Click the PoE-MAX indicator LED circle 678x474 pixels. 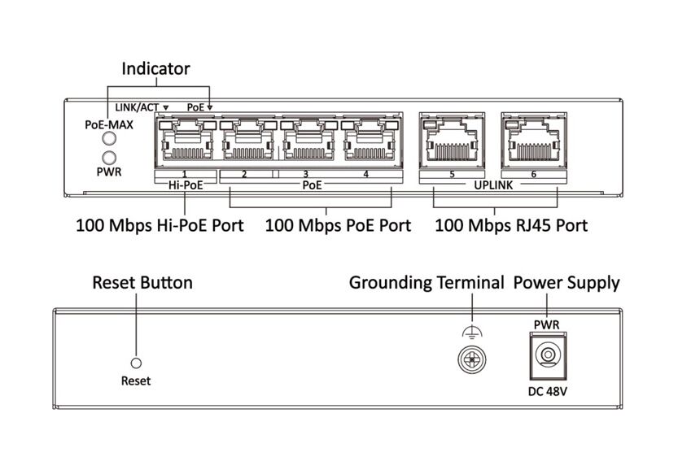coord(109,139)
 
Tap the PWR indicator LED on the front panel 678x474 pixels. coord(109,157)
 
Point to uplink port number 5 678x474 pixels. coord(452,141)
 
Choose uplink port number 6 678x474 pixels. coord(534,141)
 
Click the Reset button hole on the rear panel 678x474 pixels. coord(136,363)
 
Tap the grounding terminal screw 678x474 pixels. coord(472,359)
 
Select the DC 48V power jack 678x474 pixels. coord(548,356)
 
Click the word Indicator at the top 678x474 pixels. coord(155,69)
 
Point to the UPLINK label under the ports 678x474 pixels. coord(493,185)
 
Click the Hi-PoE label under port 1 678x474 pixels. coord(186,185)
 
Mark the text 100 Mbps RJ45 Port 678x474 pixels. coord(511,225)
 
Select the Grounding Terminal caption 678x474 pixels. coord(426,283)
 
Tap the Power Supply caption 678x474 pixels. coord(566,284)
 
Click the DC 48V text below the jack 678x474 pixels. coord(548,391)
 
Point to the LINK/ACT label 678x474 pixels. coord(137,107)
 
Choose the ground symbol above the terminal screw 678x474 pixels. coord(472,332)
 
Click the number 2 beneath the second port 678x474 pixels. coord(244,174)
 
